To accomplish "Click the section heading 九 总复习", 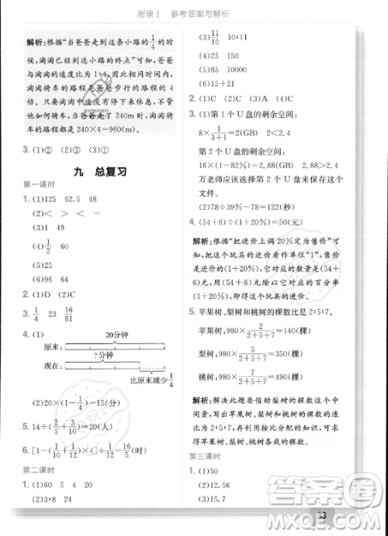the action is (98, 170).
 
